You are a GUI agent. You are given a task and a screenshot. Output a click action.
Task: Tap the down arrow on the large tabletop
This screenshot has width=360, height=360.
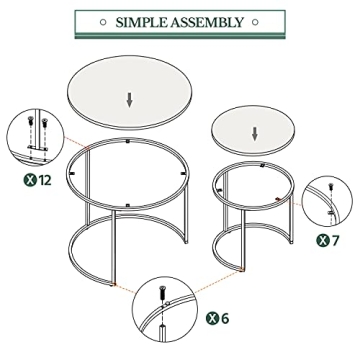click(128, 99)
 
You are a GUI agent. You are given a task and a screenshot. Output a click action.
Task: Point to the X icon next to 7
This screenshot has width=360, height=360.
click(322, 240)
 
